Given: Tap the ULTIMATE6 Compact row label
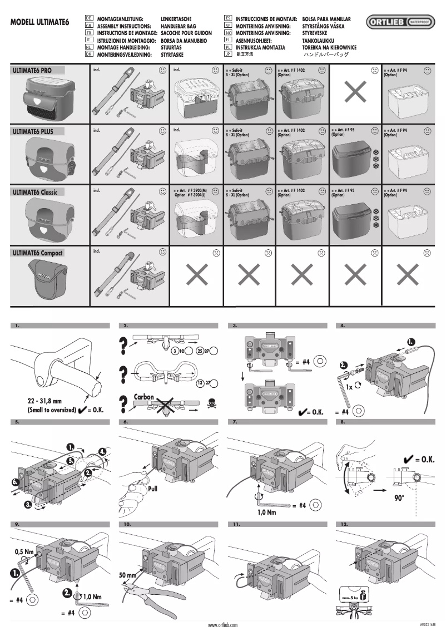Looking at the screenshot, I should [x=38, y=253].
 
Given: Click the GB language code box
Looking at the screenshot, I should [x=88, y=26].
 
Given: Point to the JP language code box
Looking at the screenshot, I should [x=227, y=55].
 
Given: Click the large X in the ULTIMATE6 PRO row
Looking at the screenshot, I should [x=354, y=93].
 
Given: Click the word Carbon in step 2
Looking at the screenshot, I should [x=143, y=397].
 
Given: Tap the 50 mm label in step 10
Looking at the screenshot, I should [x=127, y=574].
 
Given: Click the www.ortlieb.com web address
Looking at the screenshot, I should [x=223, y=625].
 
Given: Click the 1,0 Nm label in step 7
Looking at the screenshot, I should [x=267, y=512].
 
